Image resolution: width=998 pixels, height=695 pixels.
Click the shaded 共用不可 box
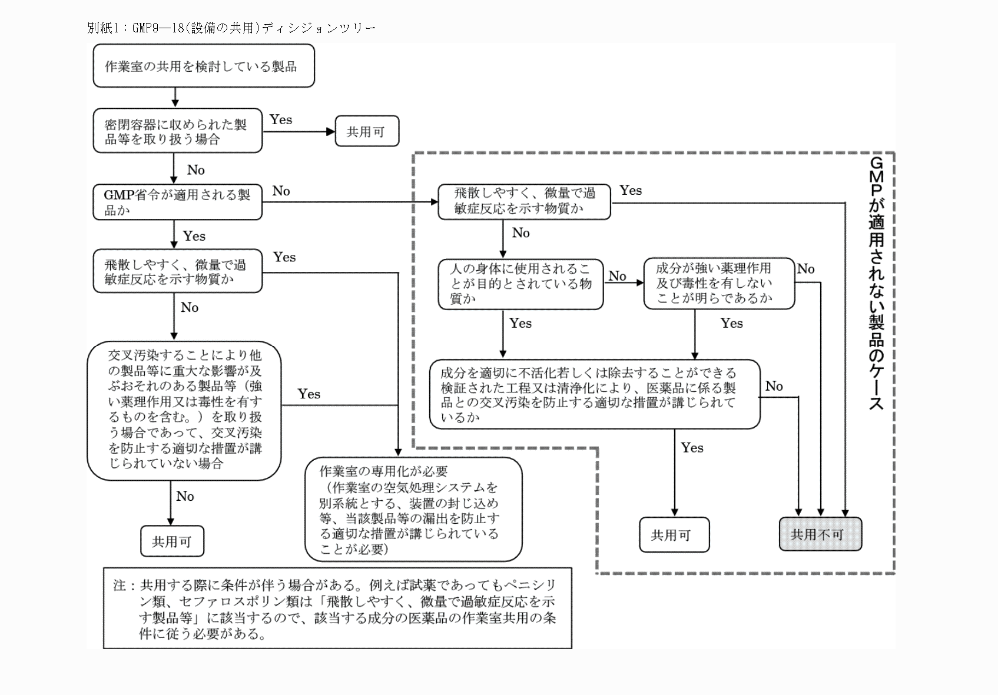click(x=820, y=534)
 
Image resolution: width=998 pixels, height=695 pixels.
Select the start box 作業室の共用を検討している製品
click(x=203, y=66)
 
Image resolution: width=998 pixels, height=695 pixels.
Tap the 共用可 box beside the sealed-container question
click(x=367, y=131)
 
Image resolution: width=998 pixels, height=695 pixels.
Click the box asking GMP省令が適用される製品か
click(x=177, y=202)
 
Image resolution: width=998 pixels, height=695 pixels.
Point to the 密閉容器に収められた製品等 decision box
click(x=177, y=132)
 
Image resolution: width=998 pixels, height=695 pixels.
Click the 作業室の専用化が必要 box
click(x=413, y=510)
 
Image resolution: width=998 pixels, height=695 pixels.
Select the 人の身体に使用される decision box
click(x=520, y=284)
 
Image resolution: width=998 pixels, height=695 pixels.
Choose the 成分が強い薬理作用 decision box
click(x=718, y=283)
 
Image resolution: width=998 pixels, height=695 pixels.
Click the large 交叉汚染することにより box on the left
click(x=184, y=410)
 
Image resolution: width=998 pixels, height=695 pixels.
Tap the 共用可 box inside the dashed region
click(x=674, y=535)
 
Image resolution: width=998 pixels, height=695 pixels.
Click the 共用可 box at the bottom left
click(x=172, y=541)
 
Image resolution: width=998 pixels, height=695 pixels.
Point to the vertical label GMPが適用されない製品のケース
click(x=876, y=282)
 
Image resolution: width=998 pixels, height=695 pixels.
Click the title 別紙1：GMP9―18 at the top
click(x=231, y=28)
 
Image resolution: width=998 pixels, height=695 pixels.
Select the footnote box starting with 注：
click(x=337, y=608)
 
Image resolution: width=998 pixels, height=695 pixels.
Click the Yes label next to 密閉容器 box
click(x=281, y=119)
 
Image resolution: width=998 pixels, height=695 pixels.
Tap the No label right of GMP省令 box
click(x=281, y=191)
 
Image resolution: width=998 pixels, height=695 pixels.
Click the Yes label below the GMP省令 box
click(x=194, y=236)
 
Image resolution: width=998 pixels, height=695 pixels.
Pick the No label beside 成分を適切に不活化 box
click(x=774, y=386)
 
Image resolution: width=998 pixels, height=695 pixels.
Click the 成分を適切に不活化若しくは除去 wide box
click(x=595, y=394)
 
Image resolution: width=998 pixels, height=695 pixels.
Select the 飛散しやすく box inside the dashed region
click(x=524, y=201)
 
